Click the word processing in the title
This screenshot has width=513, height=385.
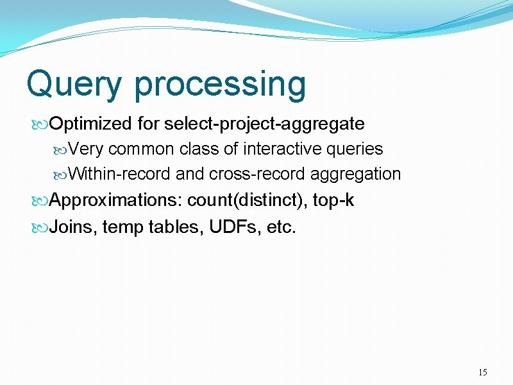220,85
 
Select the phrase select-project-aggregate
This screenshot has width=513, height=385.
264,123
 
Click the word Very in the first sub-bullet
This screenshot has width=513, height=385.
86,150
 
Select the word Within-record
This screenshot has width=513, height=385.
119,175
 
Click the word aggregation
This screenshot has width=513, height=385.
356,175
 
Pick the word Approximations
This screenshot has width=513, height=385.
115,201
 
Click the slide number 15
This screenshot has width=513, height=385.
483,373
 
